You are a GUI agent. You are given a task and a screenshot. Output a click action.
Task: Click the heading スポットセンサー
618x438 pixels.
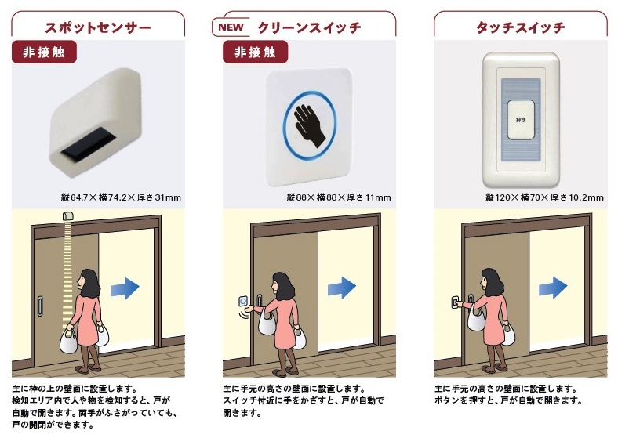(98, 27)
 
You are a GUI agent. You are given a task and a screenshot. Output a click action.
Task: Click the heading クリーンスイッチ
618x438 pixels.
(310, 27)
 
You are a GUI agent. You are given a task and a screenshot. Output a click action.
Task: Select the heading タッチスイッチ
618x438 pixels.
(520, 27)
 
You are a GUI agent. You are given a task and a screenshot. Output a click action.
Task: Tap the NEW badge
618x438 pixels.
(231, 27)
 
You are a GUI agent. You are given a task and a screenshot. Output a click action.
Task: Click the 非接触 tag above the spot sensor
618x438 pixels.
(44, 52)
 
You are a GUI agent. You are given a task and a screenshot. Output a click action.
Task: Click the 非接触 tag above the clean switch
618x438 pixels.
(256, 52)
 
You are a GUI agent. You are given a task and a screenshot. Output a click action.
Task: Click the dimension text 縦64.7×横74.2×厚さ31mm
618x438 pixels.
(121, 197)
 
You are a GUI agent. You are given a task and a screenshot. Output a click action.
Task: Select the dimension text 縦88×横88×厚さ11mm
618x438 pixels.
(339, 197)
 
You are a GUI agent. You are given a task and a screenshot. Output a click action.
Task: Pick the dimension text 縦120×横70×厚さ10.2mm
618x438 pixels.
(544, 197)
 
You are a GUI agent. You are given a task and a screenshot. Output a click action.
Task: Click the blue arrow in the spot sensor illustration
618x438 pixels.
(125, 288)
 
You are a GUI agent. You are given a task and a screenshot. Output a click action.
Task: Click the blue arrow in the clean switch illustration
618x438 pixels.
(342, 288)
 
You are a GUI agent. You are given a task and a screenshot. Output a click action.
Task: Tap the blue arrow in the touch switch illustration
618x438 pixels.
(553, 288)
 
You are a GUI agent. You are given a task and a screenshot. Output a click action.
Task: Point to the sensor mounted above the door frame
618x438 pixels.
(67, 215)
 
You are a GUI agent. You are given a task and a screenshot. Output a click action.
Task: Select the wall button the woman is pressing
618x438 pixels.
(455, 302)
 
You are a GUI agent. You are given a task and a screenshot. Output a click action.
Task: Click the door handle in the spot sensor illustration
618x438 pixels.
(40, 306)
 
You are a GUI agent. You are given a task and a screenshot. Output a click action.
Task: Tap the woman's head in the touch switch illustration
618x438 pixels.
(490, 281)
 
